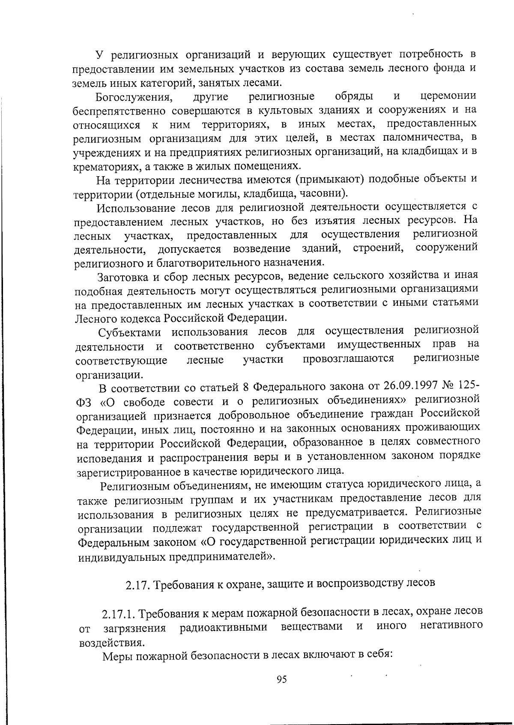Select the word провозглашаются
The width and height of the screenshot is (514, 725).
coord(348,358)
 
